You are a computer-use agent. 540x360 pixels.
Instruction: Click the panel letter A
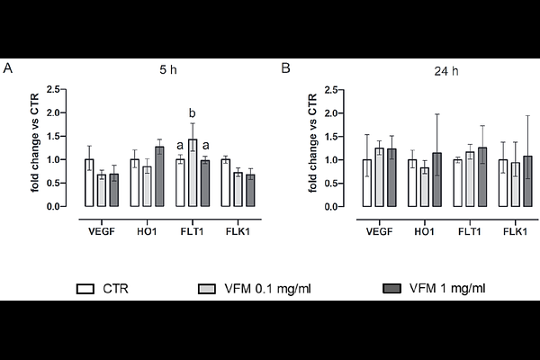(8, 68)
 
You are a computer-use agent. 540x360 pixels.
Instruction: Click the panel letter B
(285, 68)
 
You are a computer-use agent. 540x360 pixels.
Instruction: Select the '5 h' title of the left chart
(163, 68)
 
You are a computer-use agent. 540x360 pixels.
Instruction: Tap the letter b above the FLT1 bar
(192, 113)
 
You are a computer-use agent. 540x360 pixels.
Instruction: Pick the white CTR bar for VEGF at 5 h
(89, 183)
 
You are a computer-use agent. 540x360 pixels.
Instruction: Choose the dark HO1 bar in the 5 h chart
(159, 176)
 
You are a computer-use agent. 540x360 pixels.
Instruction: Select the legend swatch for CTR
(86, 289)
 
